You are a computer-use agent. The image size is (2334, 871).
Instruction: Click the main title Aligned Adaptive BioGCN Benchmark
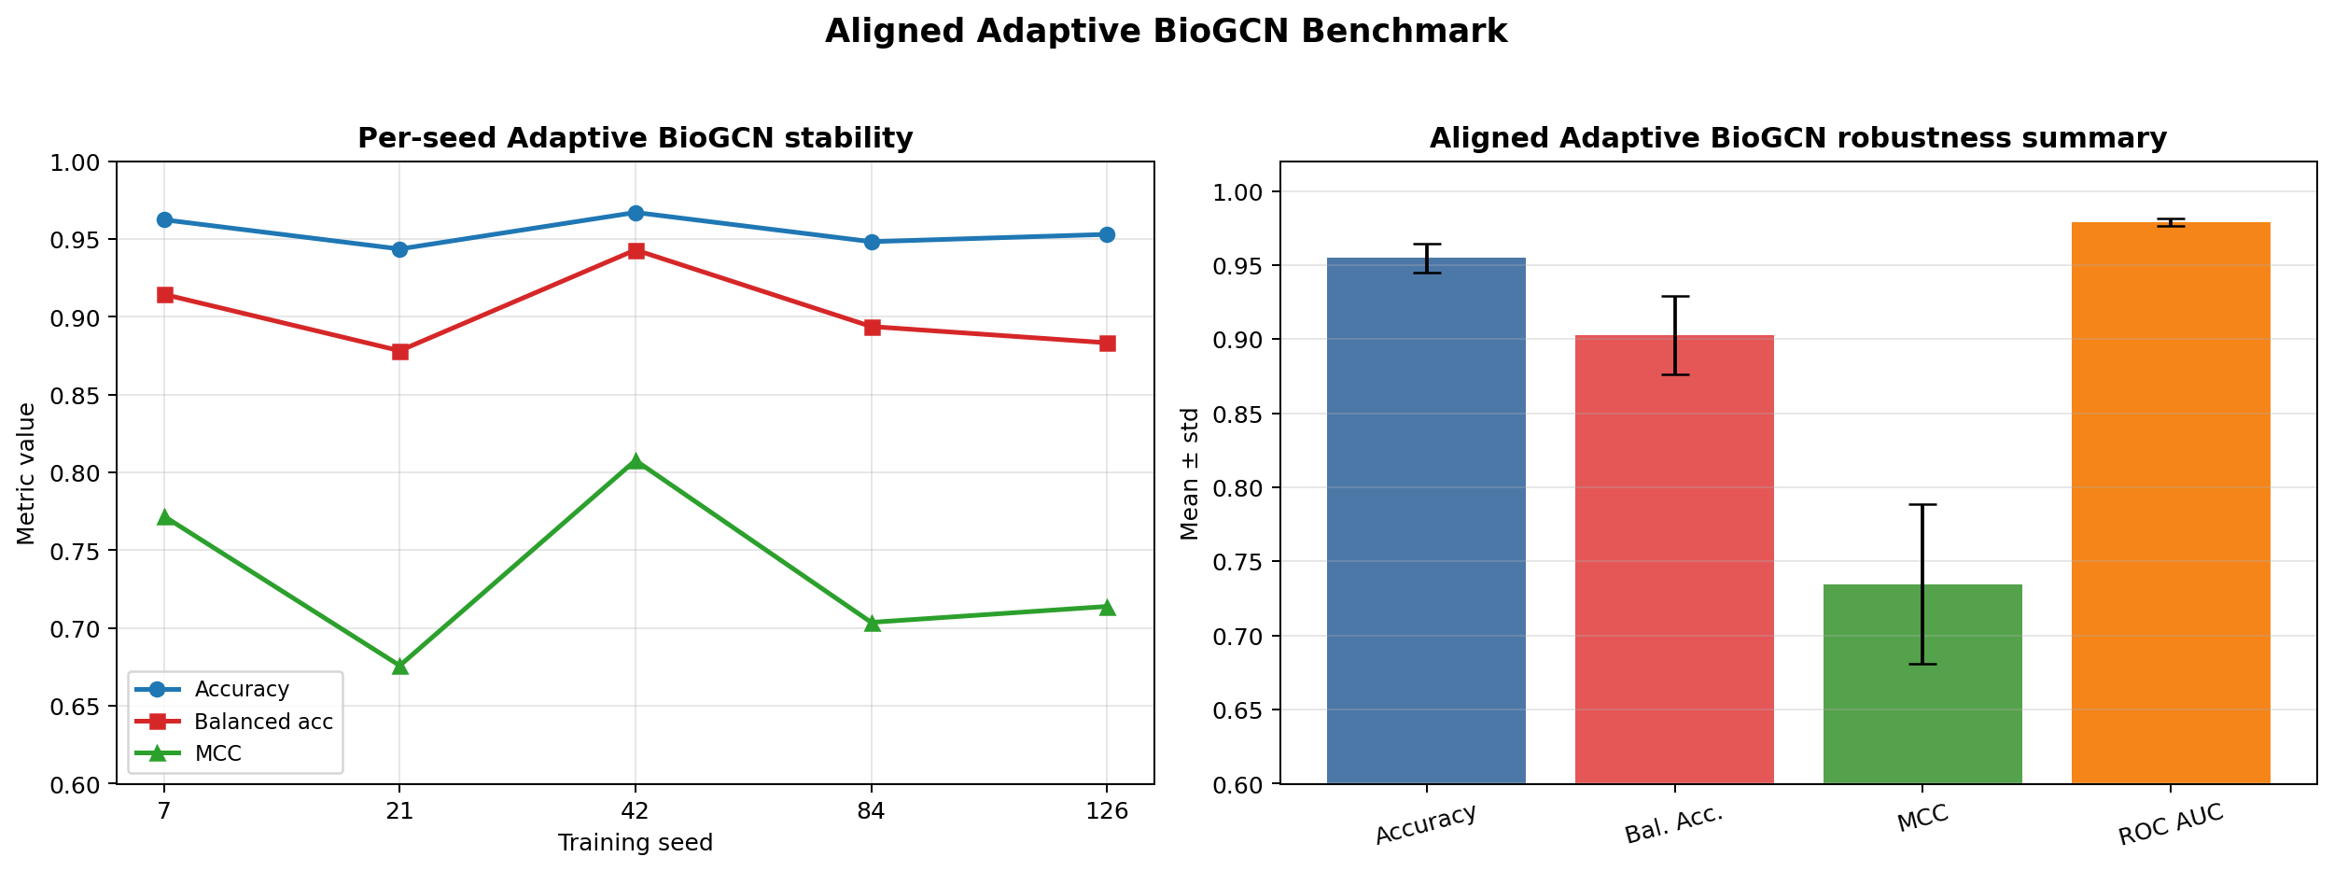click(x=1166, y=32)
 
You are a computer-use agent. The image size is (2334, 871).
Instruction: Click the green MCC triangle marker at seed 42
click(x=636, y=461)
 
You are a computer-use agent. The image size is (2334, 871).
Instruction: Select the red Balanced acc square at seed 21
click(x=399, y=352)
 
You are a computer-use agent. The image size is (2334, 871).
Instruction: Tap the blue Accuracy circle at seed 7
click(x=164, y=220)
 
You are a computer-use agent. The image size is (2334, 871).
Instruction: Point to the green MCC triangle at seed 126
click(x=1107, y=608)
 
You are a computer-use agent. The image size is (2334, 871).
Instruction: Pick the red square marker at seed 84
click(x=872, y=328)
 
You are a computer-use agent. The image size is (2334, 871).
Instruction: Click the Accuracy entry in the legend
click(x=241, y=690)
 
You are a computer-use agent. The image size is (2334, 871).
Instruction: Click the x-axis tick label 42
click(x=636, y=811)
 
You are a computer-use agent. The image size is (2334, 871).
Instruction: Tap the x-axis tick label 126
click(x=1107, y=811)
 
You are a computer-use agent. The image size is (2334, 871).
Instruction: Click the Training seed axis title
click(x=635, y=844)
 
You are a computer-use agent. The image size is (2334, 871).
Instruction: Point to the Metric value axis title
click(x=26, y=473)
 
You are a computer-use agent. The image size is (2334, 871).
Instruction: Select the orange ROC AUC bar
click(x=2171, y=504)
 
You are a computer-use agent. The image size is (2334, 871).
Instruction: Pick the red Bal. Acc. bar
click(x=1674, y=560)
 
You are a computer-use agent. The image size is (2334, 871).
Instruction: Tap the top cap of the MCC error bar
click(x=1922, y=505)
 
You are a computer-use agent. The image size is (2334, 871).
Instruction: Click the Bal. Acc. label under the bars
click(x=1673, y=824)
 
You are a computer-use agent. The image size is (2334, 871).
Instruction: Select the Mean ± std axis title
click(x=1190, y=473)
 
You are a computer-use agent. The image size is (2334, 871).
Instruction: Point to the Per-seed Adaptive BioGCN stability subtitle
click(x=635, y=138)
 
